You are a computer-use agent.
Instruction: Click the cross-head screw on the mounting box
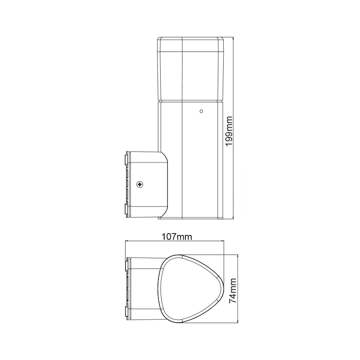tap(139, 184)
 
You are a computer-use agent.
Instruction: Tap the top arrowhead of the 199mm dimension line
tap(234, 39)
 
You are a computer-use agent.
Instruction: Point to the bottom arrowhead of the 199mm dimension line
tap(234, 219)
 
